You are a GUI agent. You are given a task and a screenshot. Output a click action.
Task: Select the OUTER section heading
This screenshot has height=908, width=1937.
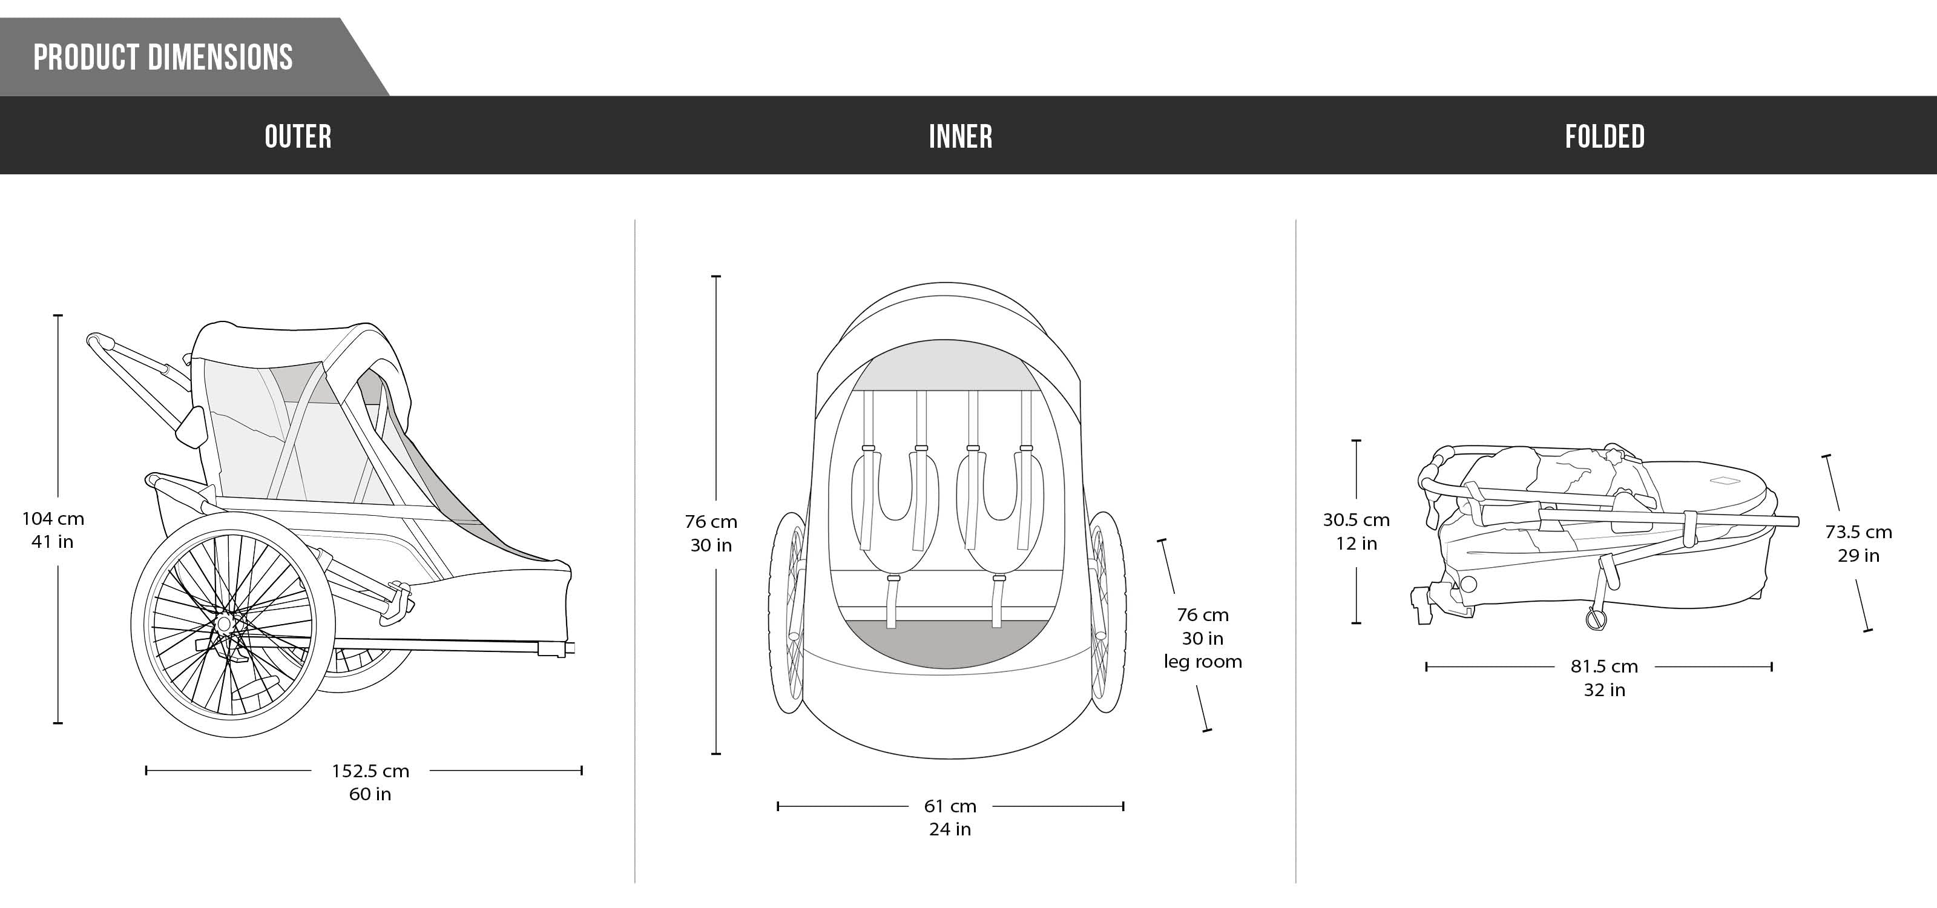click(x=298, y=137)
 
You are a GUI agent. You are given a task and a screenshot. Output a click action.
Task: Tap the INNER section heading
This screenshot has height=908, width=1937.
click(x=960, y=137)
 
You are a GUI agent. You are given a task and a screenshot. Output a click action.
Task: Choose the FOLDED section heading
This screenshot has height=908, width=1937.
click(x=1605, y=137)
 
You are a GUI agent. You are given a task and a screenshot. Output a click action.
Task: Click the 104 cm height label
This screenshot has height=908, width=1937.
click(x=53, y=519)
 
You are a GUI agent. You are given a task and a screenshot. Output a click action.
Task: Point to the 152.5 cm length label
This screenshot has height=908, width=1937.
click(x=370, y=771)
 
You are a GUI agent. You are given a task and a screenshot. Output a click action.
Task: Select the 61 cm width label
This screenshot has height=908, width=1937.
click(x=950, y=806)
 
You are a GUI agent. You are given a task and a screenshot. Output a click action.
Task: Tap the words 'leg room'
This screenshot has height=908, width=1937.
click(x=1202, y=662)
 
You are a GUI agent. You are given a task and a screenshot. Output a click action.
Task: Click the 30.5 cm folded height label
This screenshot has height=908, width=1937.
click(x=1356, y=520)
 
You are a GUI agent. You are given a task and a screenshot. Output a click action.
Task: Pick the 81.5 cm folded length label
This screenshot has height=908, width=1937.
click(x=1604, y=666)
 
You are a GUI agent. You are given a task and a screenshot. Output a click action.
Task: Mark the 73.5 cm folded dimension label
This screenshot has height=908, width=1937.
click(x=1858, y=532)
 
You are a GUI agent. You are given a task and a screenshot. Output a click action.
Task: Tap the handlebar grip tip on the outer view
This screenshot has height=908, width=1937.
click(x=93, y=339)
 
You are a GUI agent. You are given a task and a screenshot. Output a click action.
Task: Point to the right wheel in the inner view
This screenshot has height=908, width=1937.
click(x=1107, y=613)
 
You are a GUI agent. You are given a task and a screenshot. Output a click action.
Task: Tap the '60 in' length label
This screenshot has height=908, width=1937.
click(x=370, y=794)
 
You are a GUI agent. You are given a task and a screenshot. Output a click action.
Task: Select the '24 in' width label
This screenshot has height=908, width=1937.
click(x=950, y=830)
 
